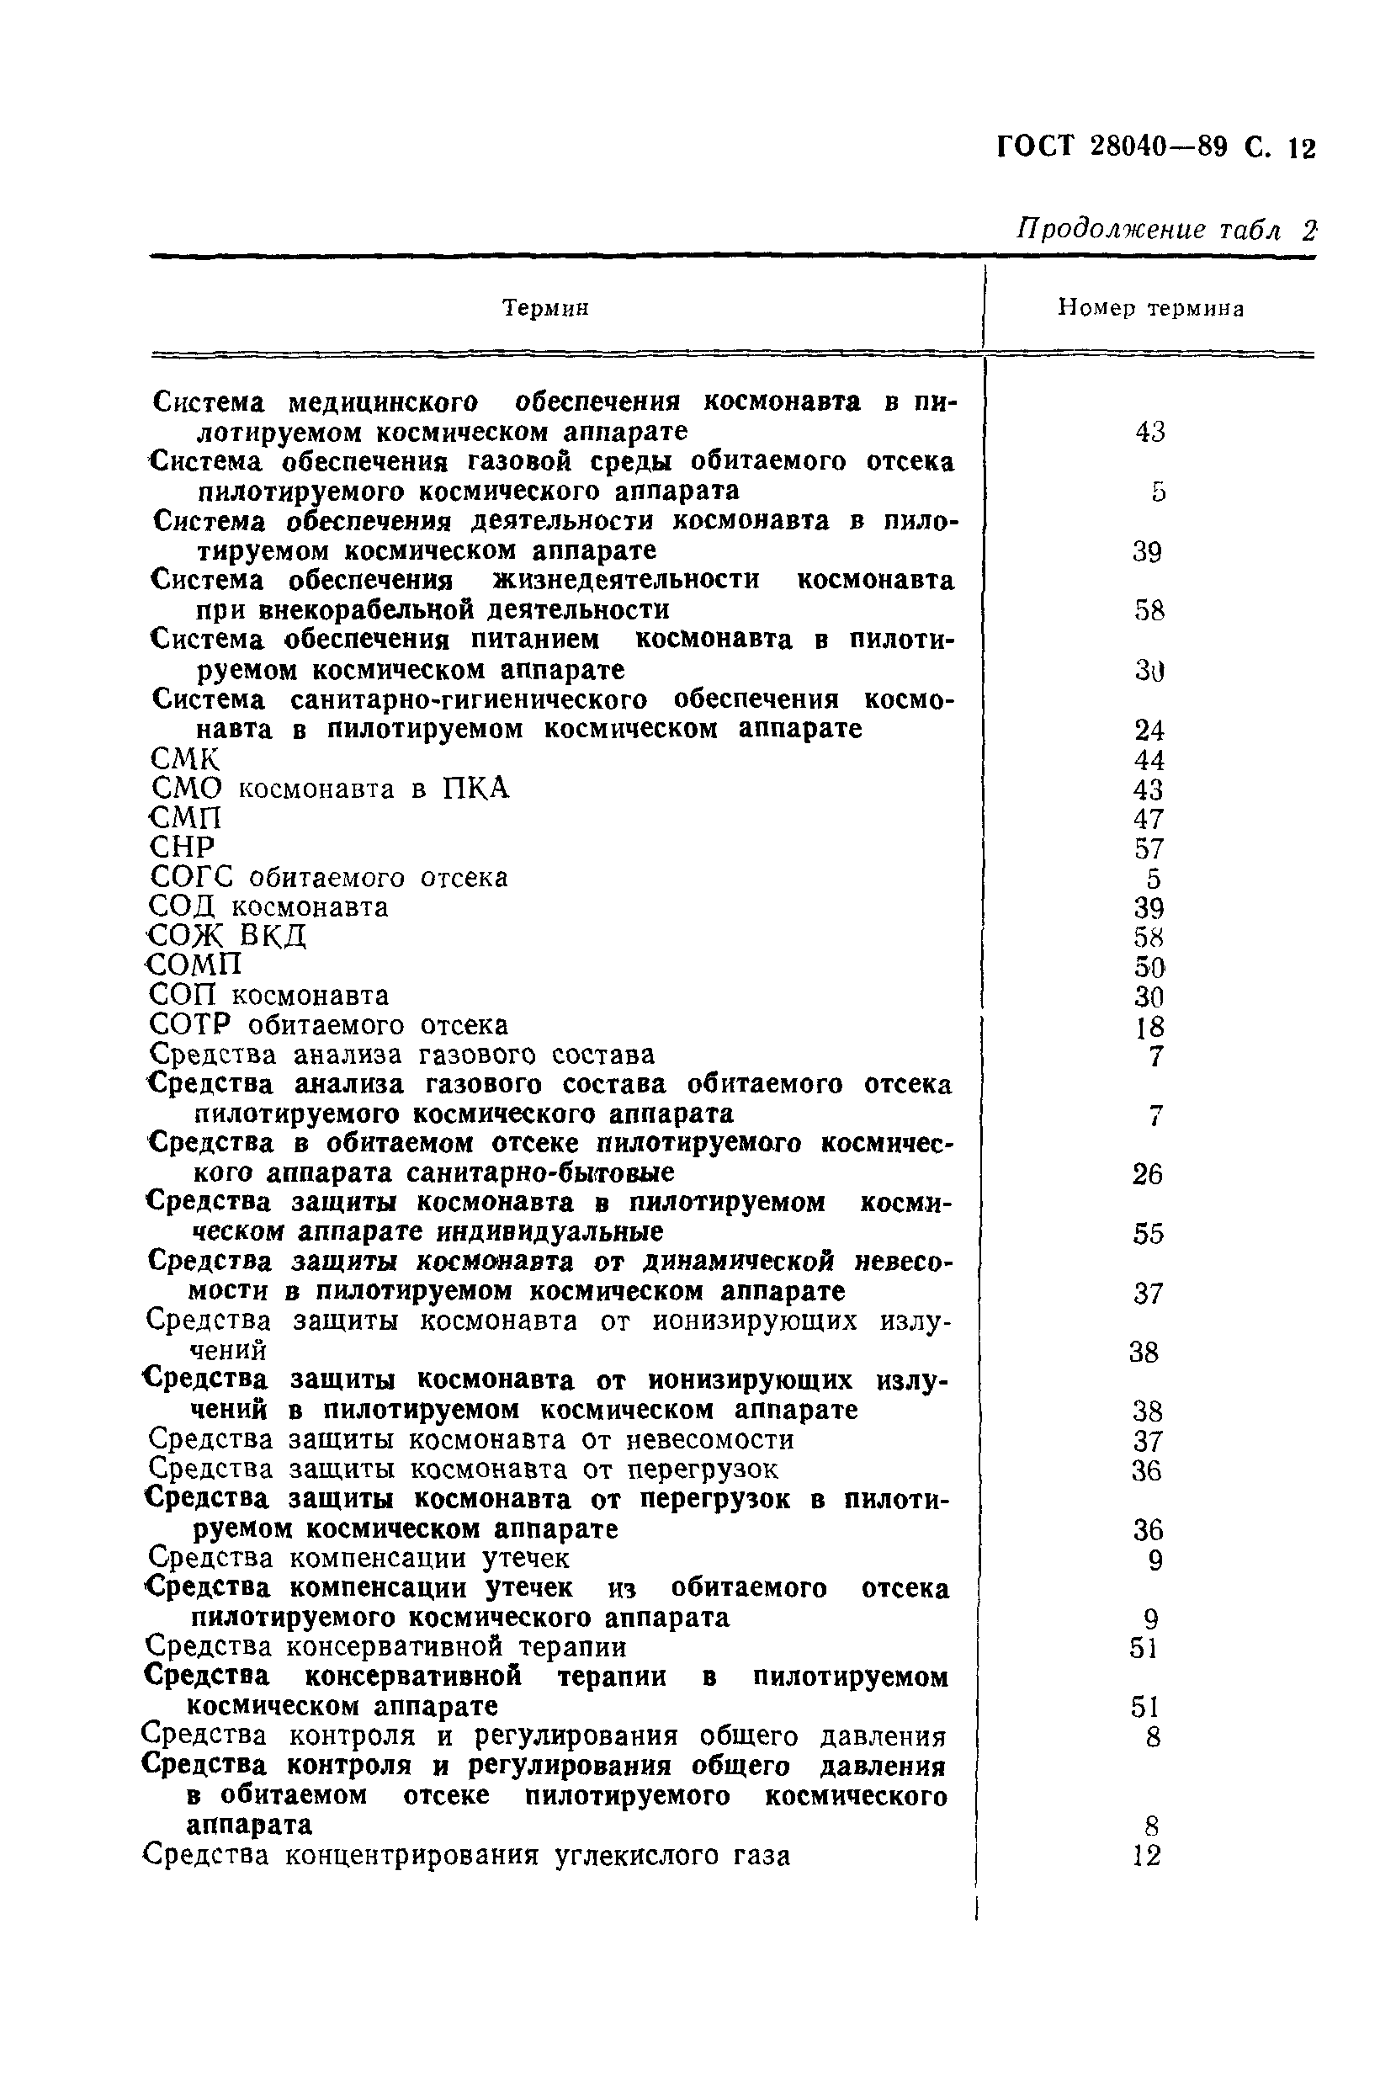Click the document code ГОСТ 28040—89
1112,146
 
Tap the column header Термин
544,308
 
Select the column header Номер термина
1150,308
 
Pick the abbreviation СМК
185,759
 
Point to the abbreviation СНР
183,848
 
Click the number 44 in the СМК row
1149,760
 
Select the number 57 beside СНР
1149,848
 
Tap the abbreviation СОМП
194,965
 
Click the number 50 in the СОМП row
1149,967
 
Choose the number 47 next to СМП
1149,819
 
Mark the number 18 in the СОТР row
1149,1026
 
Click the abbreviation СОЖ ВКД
227,936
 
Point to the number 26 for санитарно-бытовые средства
1147,1174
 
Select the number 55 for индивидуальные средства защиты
1148,1234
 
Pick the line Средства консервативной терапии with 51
385,1646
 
